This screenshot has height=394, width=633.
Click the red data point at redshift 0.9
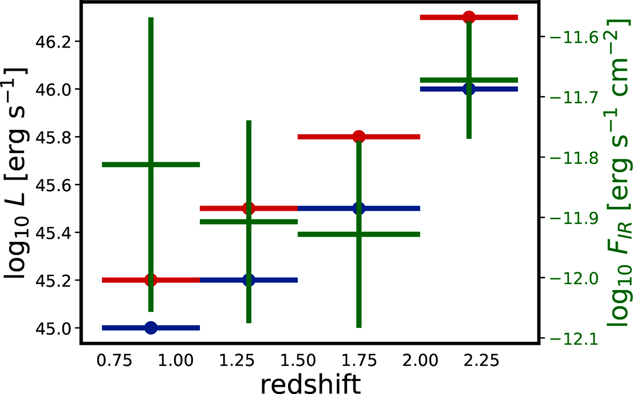(151, 280)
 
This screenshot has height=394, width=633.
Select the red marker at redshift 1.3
(249, 208)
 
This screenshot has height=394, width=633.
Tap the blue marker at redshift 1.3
(249, 280)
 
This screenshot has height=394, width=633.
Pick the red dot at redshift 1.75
(359, 137)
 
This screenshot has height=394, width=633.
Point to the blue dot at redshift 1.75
(359, 208)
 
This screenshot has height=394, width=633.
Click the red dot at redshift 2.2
(468, 17)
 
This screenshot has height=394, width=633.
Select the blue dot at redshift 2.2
(468, 89)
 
